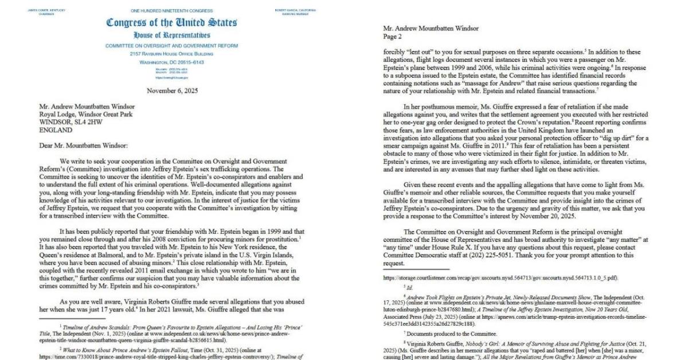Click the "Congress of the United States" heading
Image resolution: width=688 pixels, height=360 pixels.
(x=171, y=23)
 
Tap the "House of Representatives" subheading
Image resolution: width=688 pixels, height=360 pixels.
(x=171, y=36)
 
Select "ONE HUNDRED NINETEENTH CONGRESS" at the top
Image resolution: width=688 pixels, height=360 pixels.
(x=171, y=11)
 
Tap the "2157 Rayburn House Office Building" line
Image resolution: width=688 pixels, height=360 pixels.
(x=171, y=53)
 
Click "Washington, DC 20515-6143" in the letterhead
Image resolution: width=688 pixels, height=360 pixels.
(x=171, y=62)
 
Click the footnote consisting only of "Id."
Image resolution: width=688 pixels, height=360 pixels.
(x=405, y=286)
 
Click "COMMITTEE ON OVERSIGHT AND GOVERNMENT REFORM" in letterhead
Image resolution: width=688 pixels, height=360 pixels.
(x=171, y=45)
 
